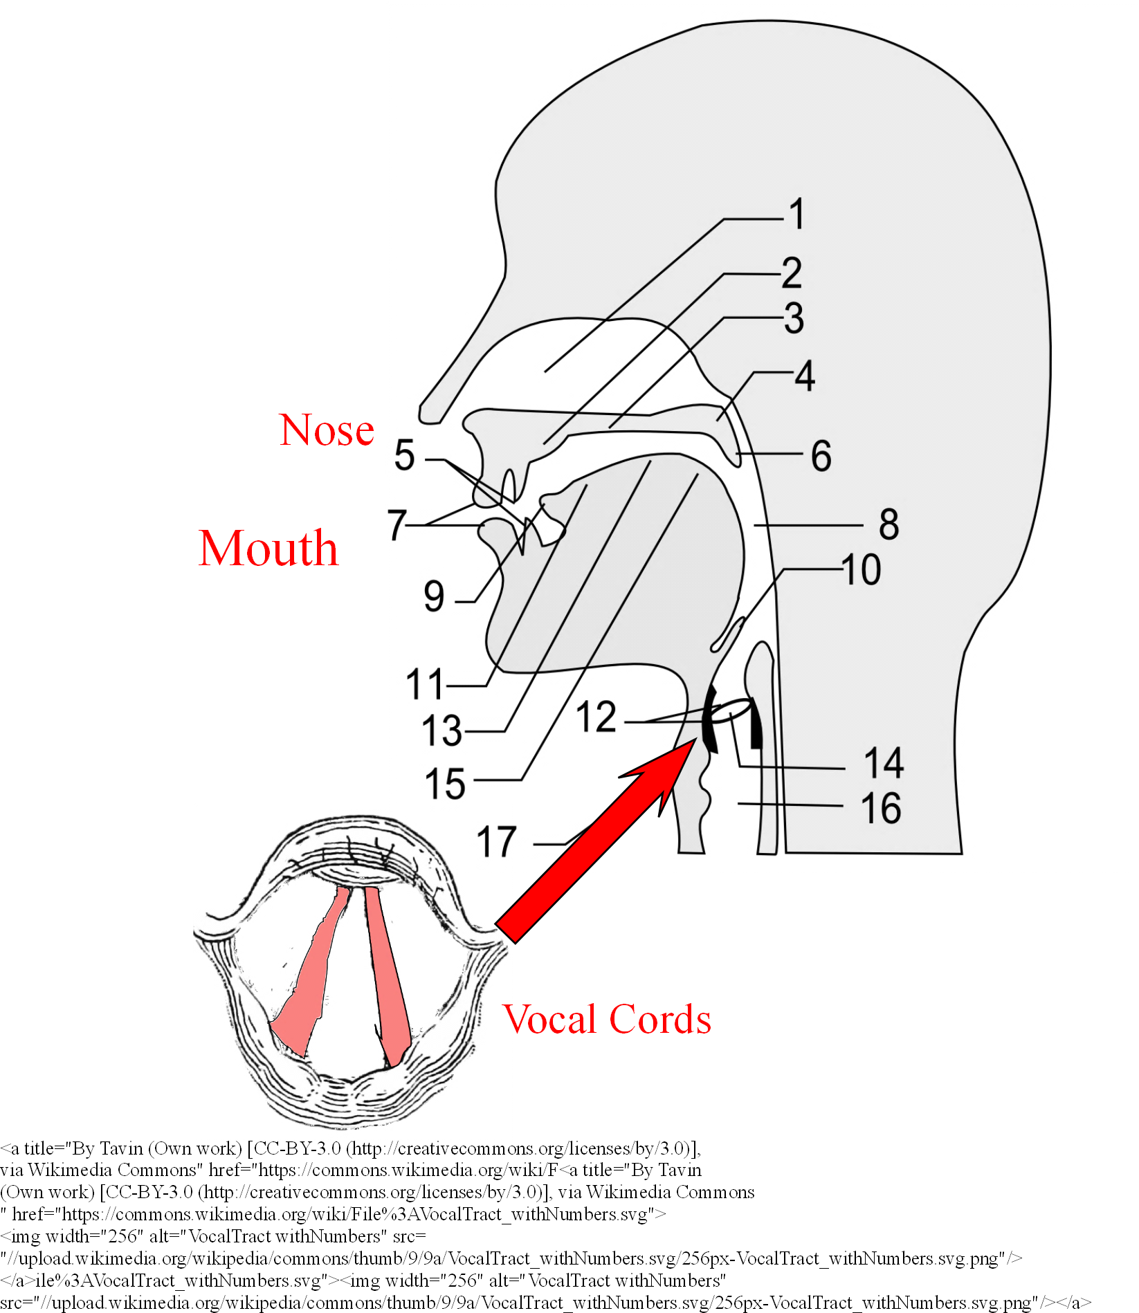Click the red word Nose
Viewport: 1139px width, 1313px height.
click(x=327, y=430)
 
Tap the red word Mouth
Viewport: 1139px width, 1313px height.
click(x=268, y=548)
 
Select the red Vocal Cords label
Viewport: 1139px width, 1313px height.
click(x=607, y=1019)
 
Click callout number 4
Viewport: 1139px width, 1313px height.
click(x=805, y=376)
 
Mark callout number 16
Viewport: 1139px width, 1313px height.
click(x=882, y=807)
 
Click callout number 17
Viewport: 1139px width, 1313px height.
click(x=497, y=842)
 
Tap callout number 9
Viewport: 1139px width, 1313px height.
click(x=435, y=596)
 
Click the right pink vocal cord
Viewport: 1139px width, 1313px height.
click(x=388, y=975)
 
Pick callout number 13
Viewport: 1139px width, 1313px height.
click(x=442, y=731)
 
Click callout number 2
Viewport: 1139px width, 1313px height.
click(x=792, y=273)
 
